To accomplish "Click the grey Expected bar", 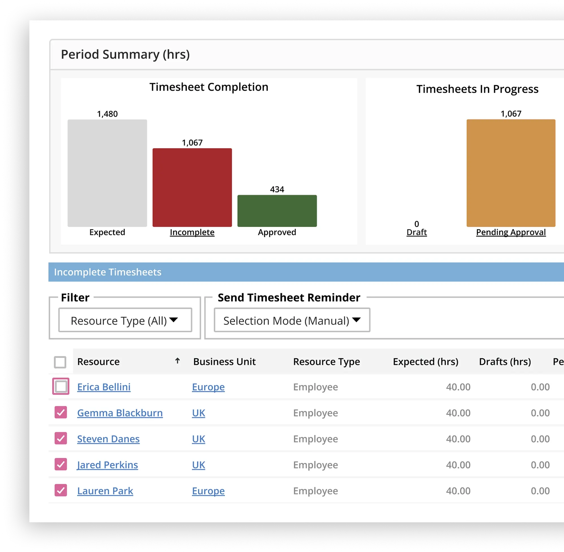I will coord(107,173).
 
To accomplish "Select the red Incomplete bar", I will coord(192,187).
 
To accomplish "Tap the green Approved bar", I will coord(277,211).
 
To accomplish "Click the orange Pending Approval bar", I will coord(511,173).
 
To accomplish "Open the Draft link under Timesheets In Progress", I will coord(417,232).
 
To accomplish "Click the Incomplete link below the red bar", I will coord(192,232).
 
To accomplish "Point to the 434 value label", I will coord(277,189).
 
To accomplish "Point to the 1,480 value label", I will coord(107,114).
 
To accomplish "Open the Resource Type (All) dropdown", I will coord(125,320).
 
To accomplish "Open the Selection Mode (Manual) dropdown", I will coord(292,320).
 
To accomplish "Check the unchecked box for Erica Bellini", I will coord(61,387).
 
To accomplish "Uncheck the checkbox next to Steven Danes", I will coord(61,438).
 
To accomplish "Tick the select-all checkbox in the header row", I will coord(60,362).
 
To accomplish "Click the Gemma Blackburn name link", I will coord(120,413).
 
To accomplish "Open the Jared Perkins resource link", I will coord(107,465).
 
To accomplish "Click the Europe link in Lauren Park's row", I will coord(208,491).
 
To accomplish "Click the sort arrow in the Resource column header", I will coord(177,361).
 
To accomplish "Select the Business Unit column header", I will coord(224,361).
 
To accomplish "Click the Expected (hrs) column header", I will coord(425,361).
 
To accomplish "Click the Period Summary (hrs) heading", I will coord(125,55).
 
